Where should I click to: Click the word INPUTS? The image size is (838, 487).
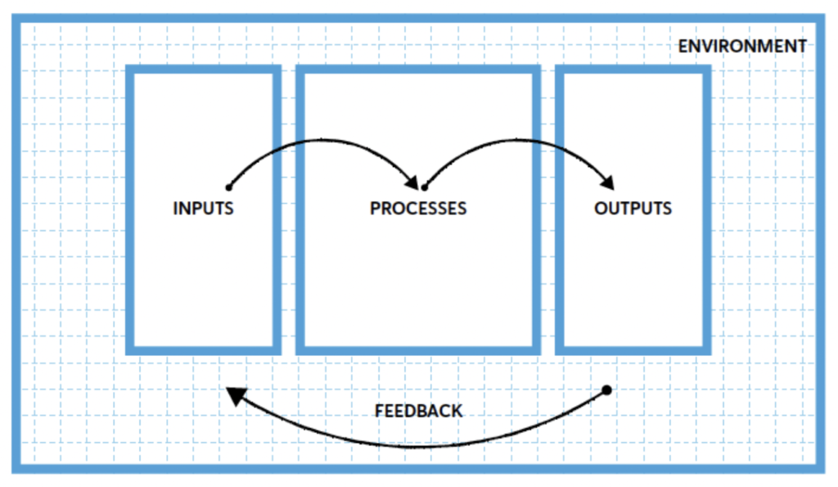pyautogui.click(x=203, y=208)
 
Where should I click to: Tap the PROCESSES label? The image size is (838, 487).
pyautogui.click(x=417, y=208)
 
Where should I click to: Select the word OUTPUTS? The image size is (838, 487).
pyautogui.click(x=633, y=208)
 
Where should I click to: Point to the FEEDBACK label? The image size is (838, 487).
pyautogui.click(x=418, y=411)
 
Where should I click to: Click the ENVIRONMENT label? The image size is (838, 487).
pyautogui.click(x=742, y=47)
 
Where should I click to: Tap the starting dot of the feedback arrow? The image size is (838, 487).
pyautogui.click(x=606, y=390)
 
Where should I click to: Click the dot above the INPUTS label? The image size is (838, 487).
pyautogui.click(x=228, y=187)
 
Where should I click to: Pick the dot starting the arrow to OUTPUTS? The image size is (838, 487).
pyautogui.click(x=424, y=187)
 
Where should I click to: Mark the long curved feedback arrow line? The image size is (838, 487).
pyautogui.click(x=426, y=446)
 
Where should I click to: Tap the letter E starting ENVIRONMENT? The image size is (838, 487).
pyautogui.click(x=683, y=47)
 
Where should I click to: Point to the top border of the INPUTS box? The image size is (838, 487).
pyautogui.click(x=203, y=70)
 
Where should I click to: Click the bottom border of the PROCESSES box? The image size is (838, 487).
pyautogui.click(x=417, y=349)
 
